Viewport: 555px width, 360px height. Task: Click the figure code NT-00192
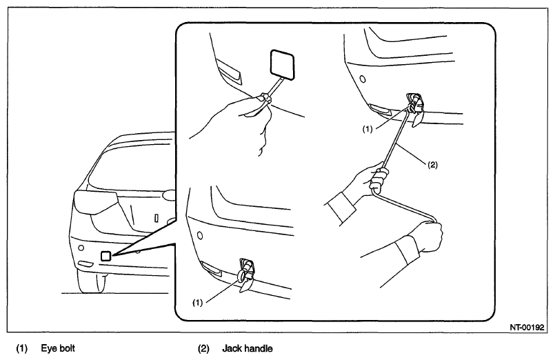pyautogui.click(x=527, y=328)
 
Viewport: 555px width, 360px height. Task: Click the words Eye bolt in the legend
pyautogui.click(x=58, y=348)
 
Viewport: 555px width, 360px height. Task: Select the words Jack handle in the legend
pyautogui.click(x=248, y=349)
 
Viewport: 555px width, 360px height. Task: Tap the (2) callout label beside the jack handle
pyautogui.click(x=432, y=165)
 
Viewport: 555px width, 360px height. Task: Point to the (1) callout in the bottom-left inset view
pyautogui.click(x=197, y=303)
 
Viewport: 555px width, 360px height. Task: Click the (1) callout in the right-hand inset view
pyautogui.click(x=367, y=129)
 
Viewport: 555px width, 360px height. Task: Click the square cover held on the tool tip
pyautogui.click(x=282, y=64)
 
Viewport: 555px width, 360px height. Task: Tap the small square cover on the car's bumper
pyautogui.click(x=106, y=256)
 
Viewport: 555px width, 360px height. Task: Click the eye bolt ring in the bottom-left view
pyautogui.click(x=241, y=275)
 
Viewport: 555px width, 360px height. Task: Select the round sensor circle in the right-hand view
pyautogui.click(x=363, y=79)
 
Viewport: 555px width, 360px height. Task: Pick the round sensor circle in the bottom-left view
pyautogui.click(x=200, y=235)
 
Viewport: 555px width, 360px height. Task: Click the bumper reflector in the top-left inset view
pyautogui.click(x=230, y=72)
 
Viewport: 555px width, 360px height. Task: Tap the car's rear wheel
pyautogui.click(x=91, y=282)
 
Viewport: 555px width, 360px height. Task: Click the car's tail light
pyautogui.click(x=95, y=202)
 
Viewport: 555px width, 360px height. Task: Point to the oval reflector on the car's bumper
pyautogui.click(x=84, y=264)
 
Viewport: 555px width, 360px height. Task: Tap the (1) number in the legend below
pyautogui.click(x=21, y=349)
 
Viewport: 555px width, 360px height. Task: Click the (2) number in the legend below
pyautogui.click(x=203, y=349)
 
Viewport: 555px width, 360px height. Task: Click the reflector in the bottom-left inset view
pyautogui.click(x=212, y=269)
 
